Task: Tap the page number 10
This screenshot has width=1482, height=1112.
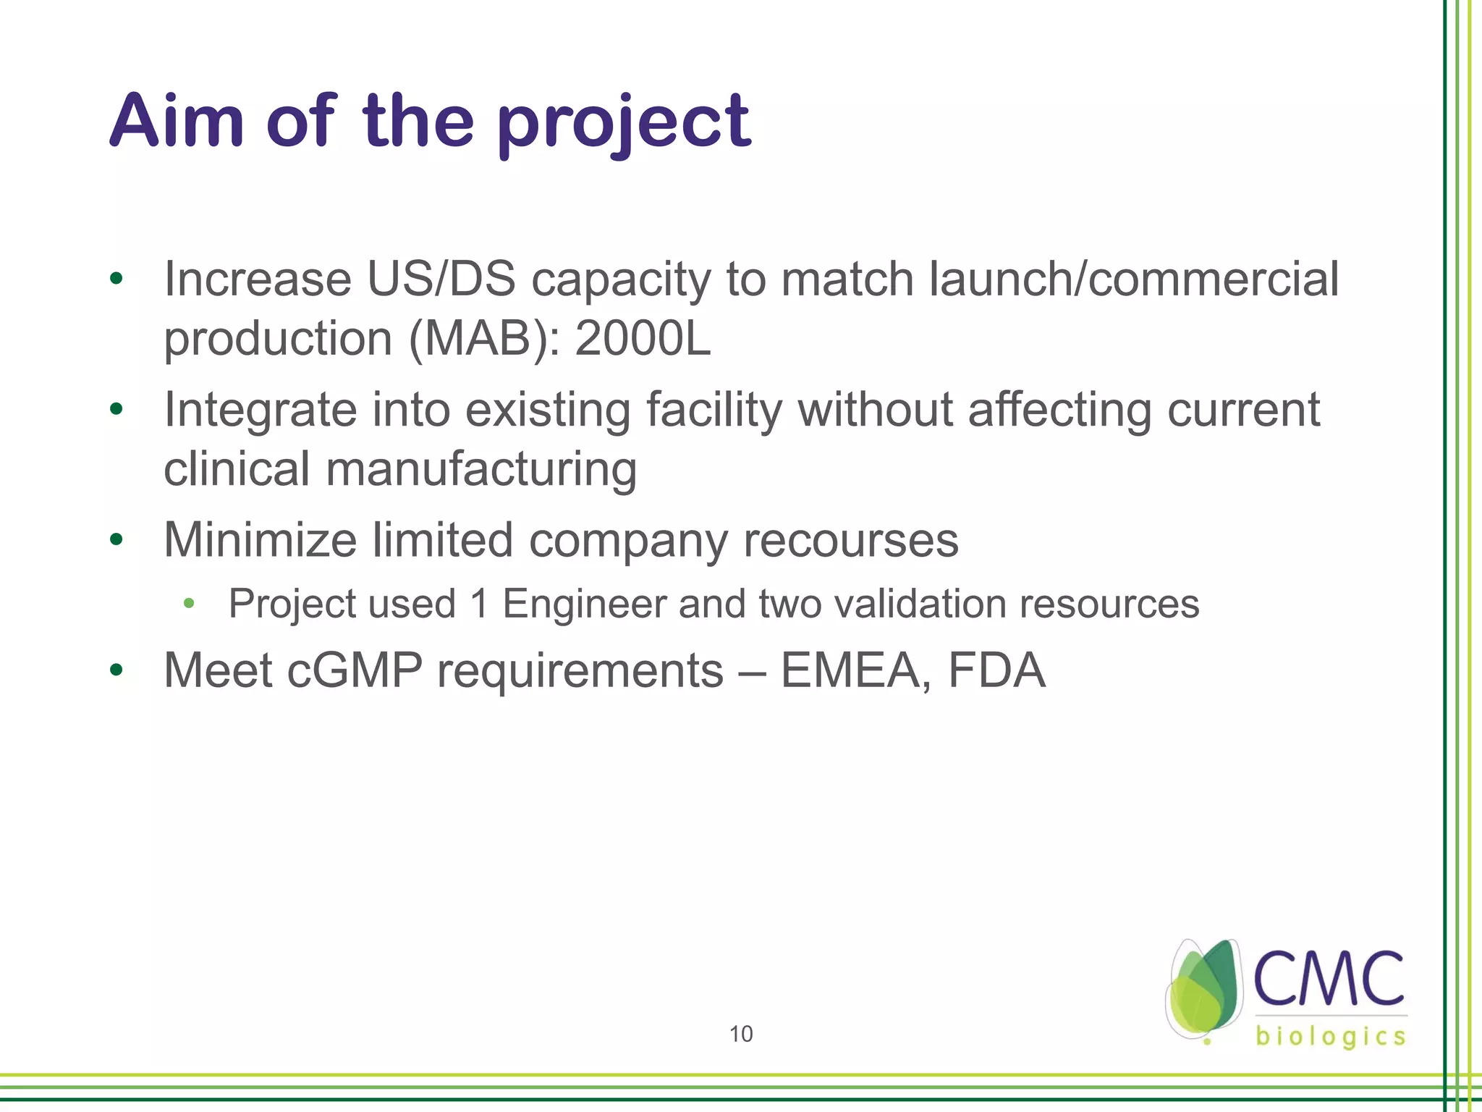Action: pos(741,1034)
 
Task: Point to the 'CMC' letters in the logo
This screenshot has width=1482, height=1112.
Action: pos(1329,979)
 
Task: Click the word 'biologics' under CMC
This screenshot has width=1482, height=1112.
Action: pos(1330,1037)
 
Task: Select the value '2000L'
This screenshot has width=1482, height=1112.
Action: pos(643,338)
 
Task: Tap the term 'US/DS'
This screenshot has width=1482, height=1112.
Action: pos(441,279)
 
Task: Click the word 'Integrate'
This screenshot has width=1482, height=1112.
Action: pos(261,410)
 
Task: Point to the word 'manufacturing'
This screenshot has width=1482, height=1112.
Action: pos(481,469)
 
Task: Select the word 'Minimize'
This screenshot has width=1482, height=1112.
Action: pos(261,540)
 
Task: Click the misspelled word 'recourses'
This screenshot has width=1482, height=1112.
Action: pos(850,540)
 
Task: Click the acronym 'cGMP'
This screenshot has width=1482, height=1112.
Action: pos(355,670)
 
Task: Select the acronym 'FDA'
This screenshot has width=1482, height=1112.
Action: pos(996,670)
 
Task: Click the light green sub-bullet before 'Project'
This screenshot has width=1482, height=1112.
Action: pos(190,603)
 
